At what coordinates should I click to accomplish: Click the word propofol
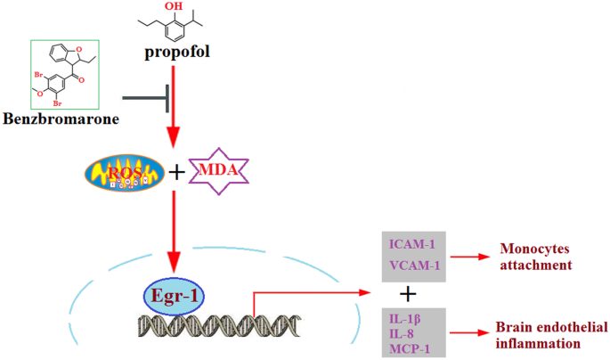pyautogui.click(x=177, y=52)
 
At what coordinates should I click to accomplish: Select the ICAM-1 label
pyautogui.click(x=412, y=243)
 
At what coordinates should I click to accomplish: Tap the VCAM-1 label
pyautogui.click(x=412, y=265)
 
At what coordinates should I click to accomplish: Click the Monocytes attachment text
pyautogui.click(x=533, y=257)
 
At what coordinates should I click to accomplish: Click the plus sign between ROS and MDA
pyautogui.click(x=177, y=171)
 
